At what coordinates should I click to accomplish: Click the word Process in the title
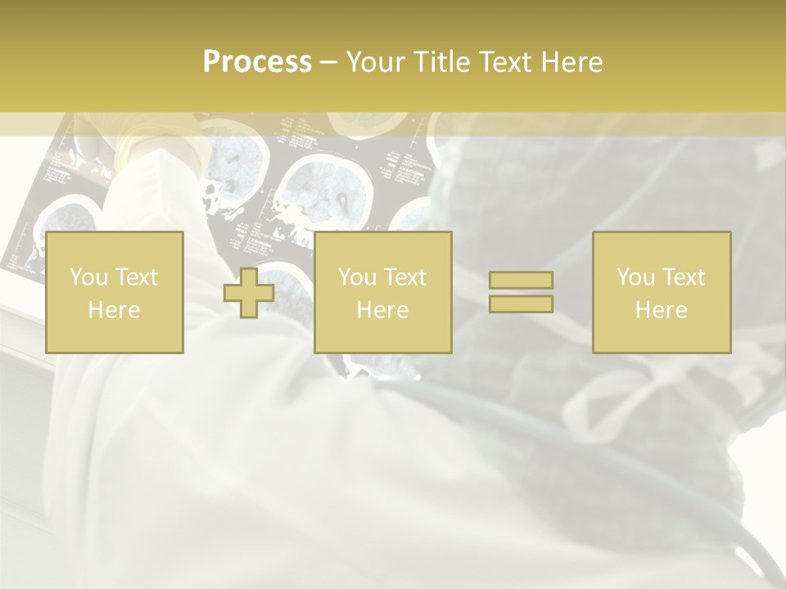pos(257,62)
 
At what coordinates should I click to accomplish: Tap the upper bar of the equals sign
pos(521,280)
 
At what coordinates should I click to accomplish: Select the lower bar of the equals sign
pos(521,304)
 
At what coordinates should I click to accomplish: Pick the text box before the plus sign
pos(114,292)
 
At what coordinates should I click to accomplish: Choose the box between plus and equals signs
pos(382,292)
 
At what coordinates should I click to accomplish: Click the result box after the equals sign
pos(661,292)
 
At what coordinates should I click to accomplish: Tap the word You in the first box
pos(87,277)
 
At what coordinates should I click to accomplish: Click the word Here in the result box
pos(661,309)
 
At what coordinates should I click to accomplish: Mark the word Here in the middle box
pos(382,309)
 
